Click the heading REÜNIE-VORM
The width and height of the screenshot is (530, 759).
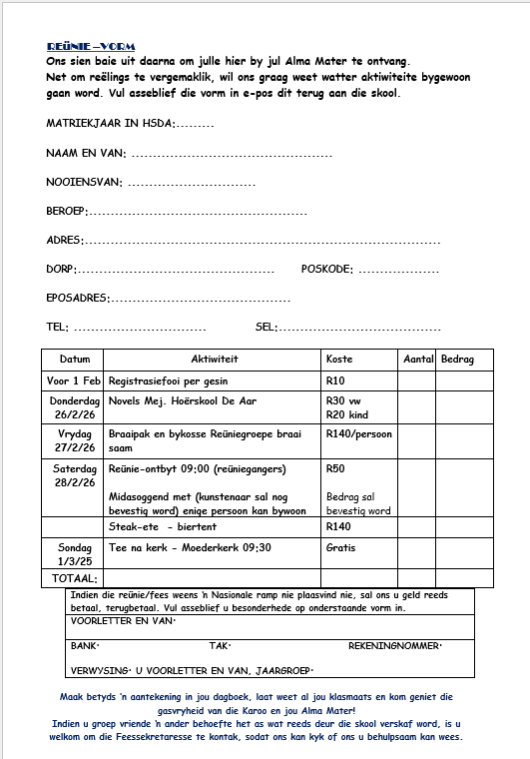pyautogui.click(x=91, y=47)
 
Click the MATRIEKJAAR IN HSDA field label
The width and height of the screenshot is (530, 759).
pyautogui.click(x=110, y=123)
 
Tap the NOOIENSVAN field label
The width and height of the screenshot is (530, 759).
pyautogui.click(x=84, y=182)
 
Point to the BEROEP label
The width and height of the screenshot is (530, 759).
pyautogui.click(x=67, y=211)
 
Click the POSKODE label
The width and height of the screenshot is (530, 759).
pyautogui.click(x=326, y=270)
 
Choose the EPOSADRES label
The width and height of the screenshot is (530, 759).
pyautogui.click(x=77, y=298)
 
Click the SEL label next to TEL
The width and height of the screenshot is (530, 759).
pyautogui.click(x=265, y=327)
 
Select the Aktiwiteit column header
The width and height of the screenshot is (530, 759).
pyautogui.click(x=214, y=359)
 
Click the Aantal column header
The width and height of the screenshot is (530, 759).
pyautogui.click(x=416, y=359)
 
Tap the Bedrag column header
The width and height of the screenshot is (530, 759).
pyautogui.click(x=457, y=359)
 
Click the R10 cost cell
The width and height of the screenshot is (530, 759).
pyautogui.click(x=335, y=380)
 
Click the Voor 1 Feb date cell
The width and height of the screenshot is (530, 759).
pyautogui.click(x=74, y=380)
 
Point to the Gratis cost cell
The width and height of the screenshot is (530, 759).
pyautogui.click(x=340, y=548)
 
